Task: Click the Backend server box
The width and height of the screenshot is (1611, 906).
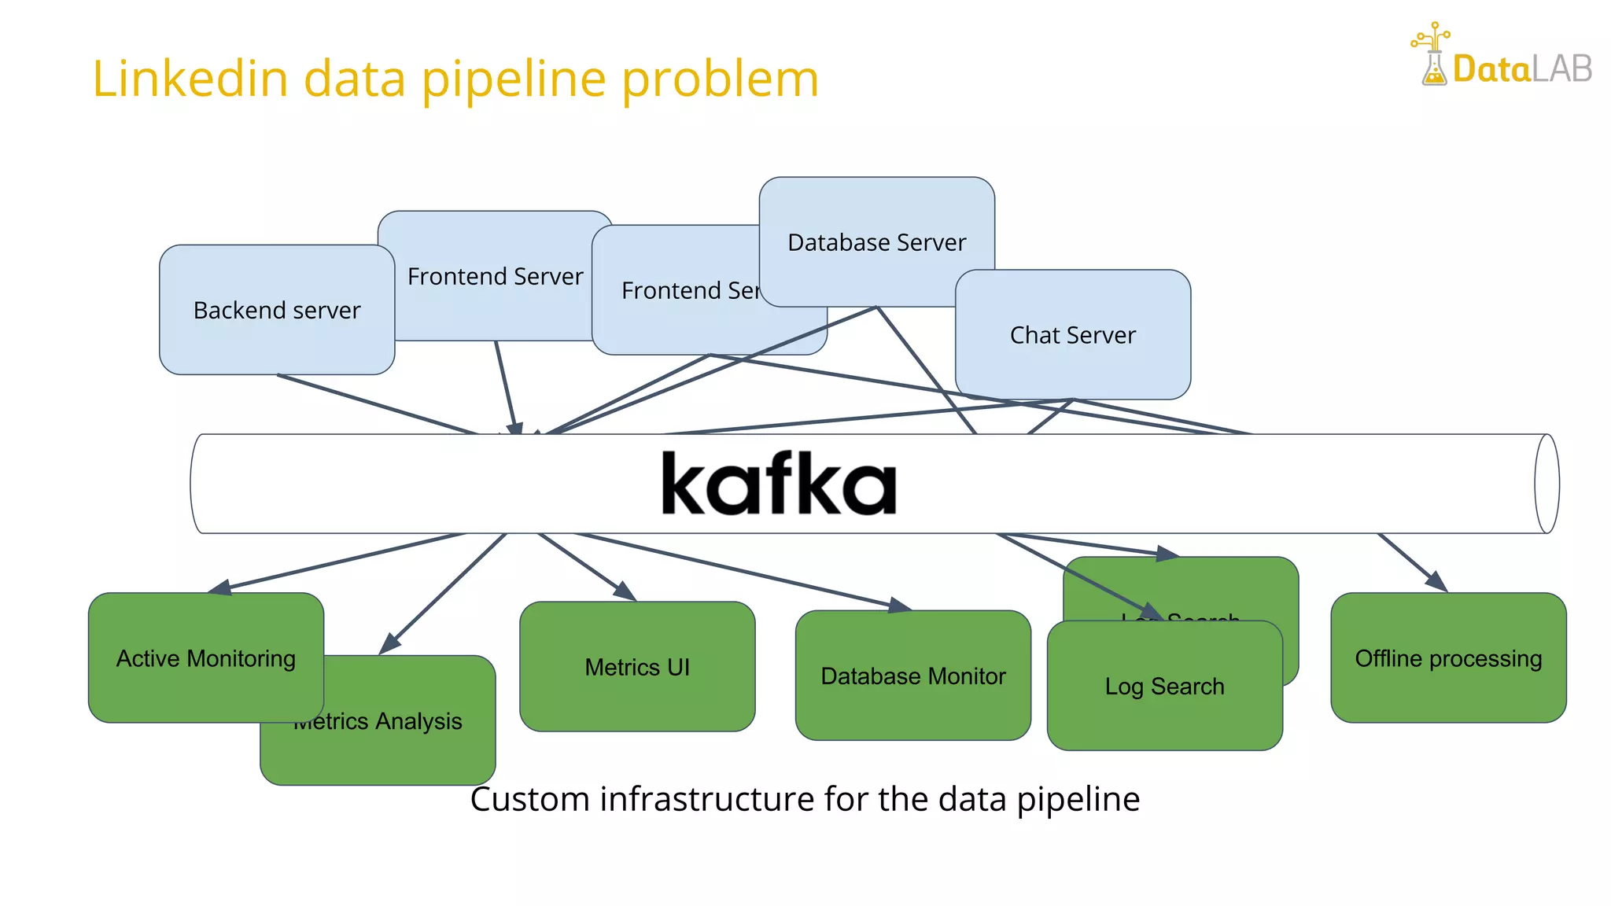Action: [277, 310]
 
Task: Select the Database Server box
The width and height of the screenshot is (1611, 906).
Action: [876, 242]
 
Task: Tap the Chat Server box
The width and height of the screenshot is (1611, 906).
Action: [1072, 335]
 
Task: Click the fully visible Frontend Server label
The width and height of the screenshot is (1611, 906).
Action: [495, 277]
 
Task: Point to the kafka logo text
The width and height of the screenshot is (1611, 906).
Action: [778, 484]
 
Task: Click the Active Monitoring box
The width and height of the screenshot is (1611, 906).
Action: [206, 658]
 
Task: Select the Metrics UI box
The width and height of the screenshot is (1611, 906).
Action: [637, 667]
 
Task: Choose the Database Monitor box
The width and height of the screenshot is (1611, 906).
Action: [912, 676]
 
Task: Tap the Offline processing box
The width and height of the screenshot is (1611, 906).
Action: [1447, 658]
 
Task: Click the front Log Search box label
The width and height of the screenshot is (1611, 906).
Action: [1164, 687]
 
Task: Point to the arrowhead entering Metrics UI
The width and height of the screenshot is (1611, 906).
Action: [625, 591]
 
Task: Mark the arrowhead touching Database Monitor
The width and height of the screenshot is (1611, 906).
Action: [900, 605]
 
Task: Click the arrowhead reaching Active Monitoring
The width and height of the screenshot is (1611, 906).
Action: [219, 587]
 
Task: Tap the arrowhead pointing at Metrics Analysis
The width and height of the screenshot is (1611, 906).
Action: [389, 644]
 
